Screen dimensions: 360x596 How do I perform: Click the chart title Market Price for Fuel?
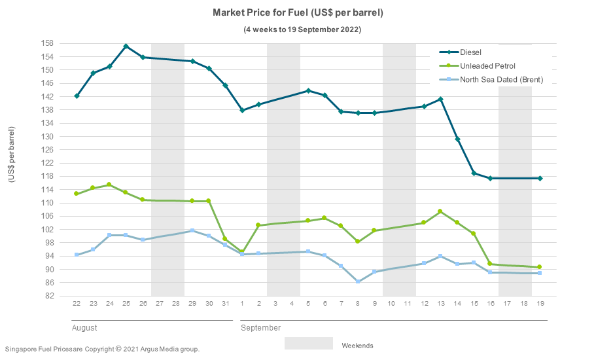pos(298,12)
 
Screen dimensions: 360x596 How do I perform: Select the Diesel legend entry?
pos(470,52)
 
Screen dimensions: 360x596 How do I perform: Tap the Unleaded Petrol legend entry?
pos(487,65)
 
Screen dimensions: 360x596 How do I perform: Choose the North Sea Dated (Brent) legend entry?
pos(501,80)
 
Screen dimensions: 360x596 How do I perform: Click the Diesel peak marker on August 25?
pos(126,46)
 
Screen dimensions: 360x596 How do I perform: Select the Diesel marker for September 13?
pos(440,99)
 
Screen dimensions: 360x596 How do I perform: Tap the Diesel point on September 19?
pos(540,178)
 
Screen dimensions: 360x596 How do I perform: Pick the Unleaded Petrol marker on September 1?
pos(242,252)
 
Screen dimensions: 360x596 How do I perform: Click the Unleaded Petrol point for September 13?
pos(440,211)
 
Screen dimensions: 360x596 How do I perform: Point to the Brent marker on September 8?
pos(358,281)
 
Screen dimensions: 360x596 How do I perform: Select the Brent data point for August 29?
pos(192,230)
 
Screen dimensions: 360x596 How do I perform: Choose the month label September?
pos(260,327)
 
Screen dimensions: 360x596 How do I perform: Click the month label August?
pos(84,327)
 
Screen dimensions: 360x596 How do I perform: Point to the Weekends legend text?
pos(357,346)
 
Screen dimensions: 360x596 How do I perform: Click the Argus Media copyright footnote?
pos(102,349)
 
